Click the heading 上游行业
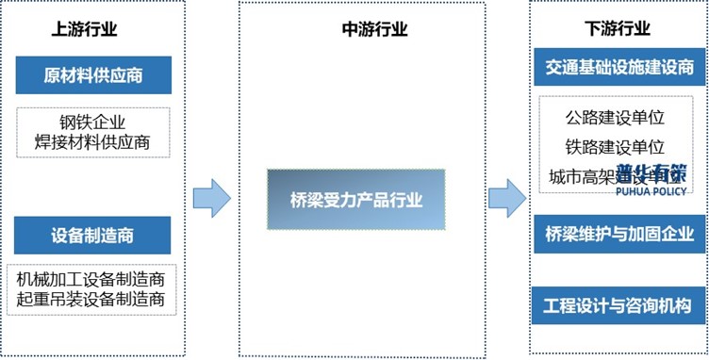coord(84,28)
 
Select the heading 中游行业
coord(374,28)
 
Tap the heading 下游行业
coord(618,28)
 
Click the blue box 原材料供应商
coord(92,75)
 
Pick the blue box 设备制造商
coord(92,235)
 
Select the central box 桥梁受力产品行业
coord(356,200)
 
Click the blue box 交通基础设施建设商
coord(618,66)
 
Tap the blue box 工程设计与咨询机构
coord(618,305)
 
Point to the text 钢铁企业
coord(92,123)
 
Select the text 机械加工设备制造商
coord(91,280)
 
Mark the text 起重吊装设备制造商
coord(91,300)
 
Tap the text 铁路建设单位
coord(616,147)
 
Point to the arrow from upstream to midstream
coord(211,199)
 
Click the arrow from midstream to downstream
coord(506,199)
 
